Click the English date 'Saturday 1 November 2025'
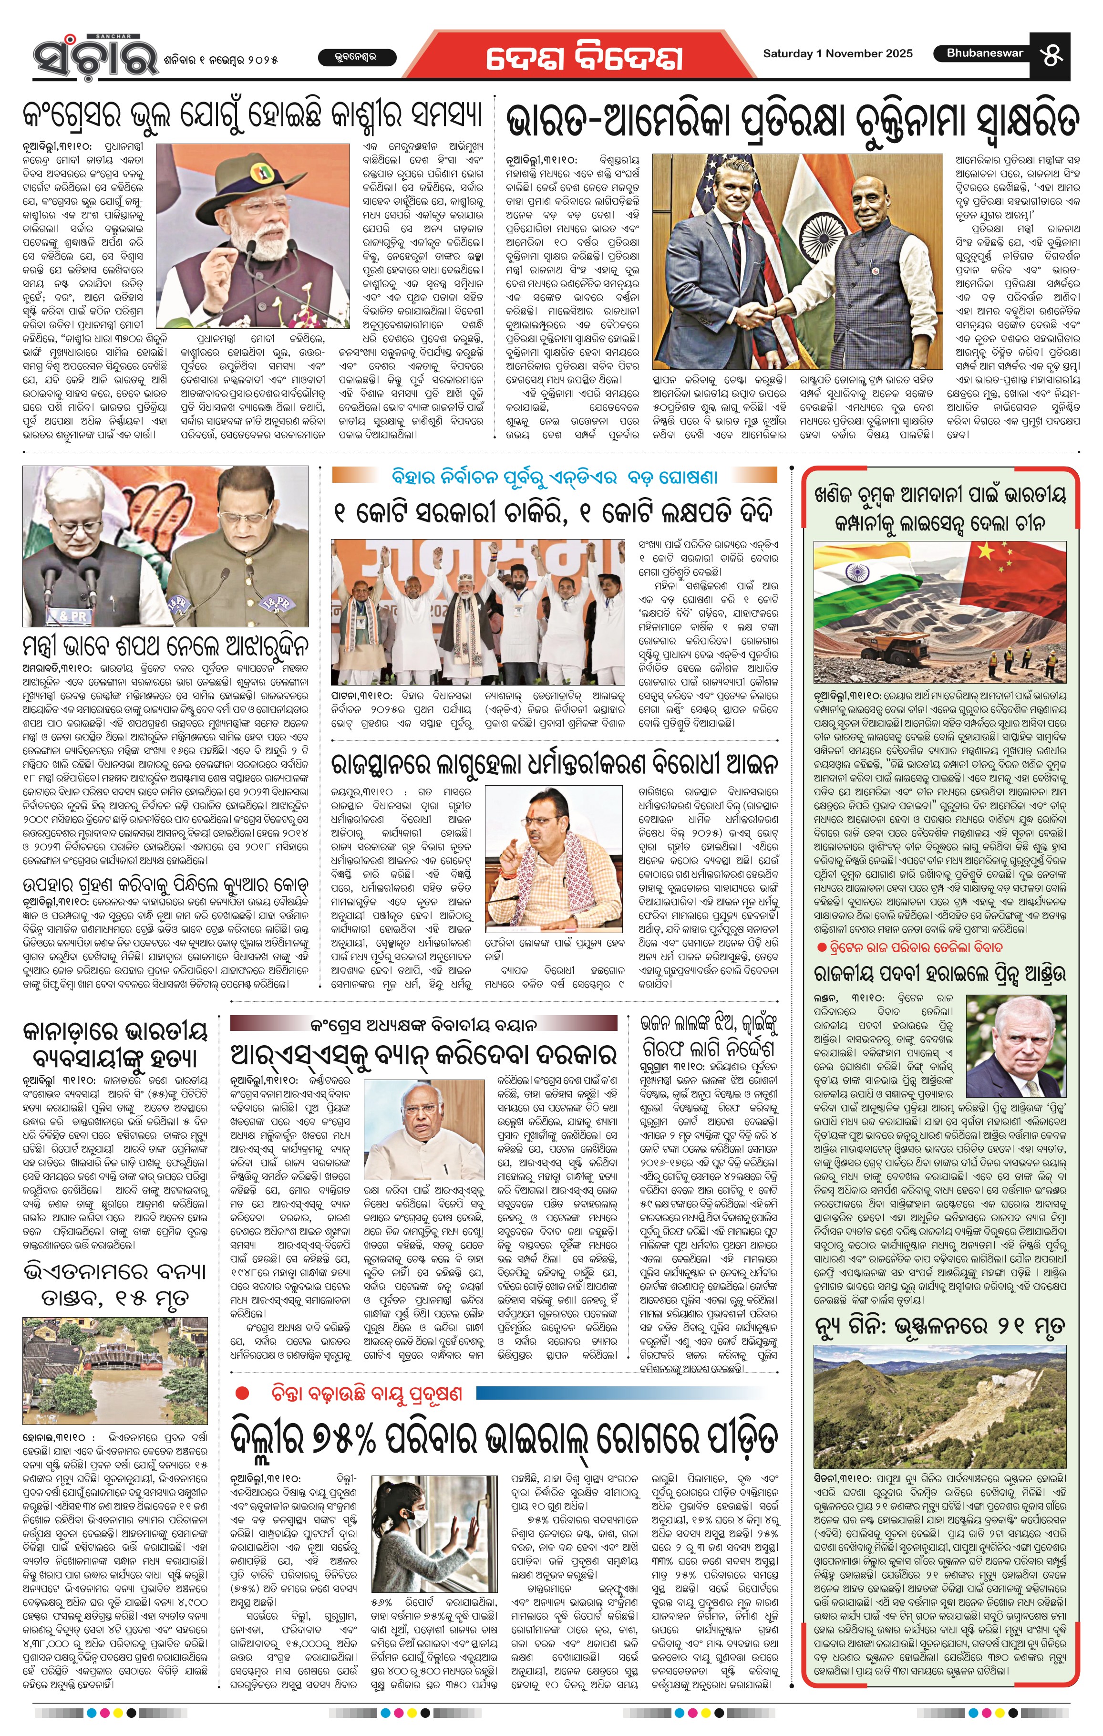click(837, 53)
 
